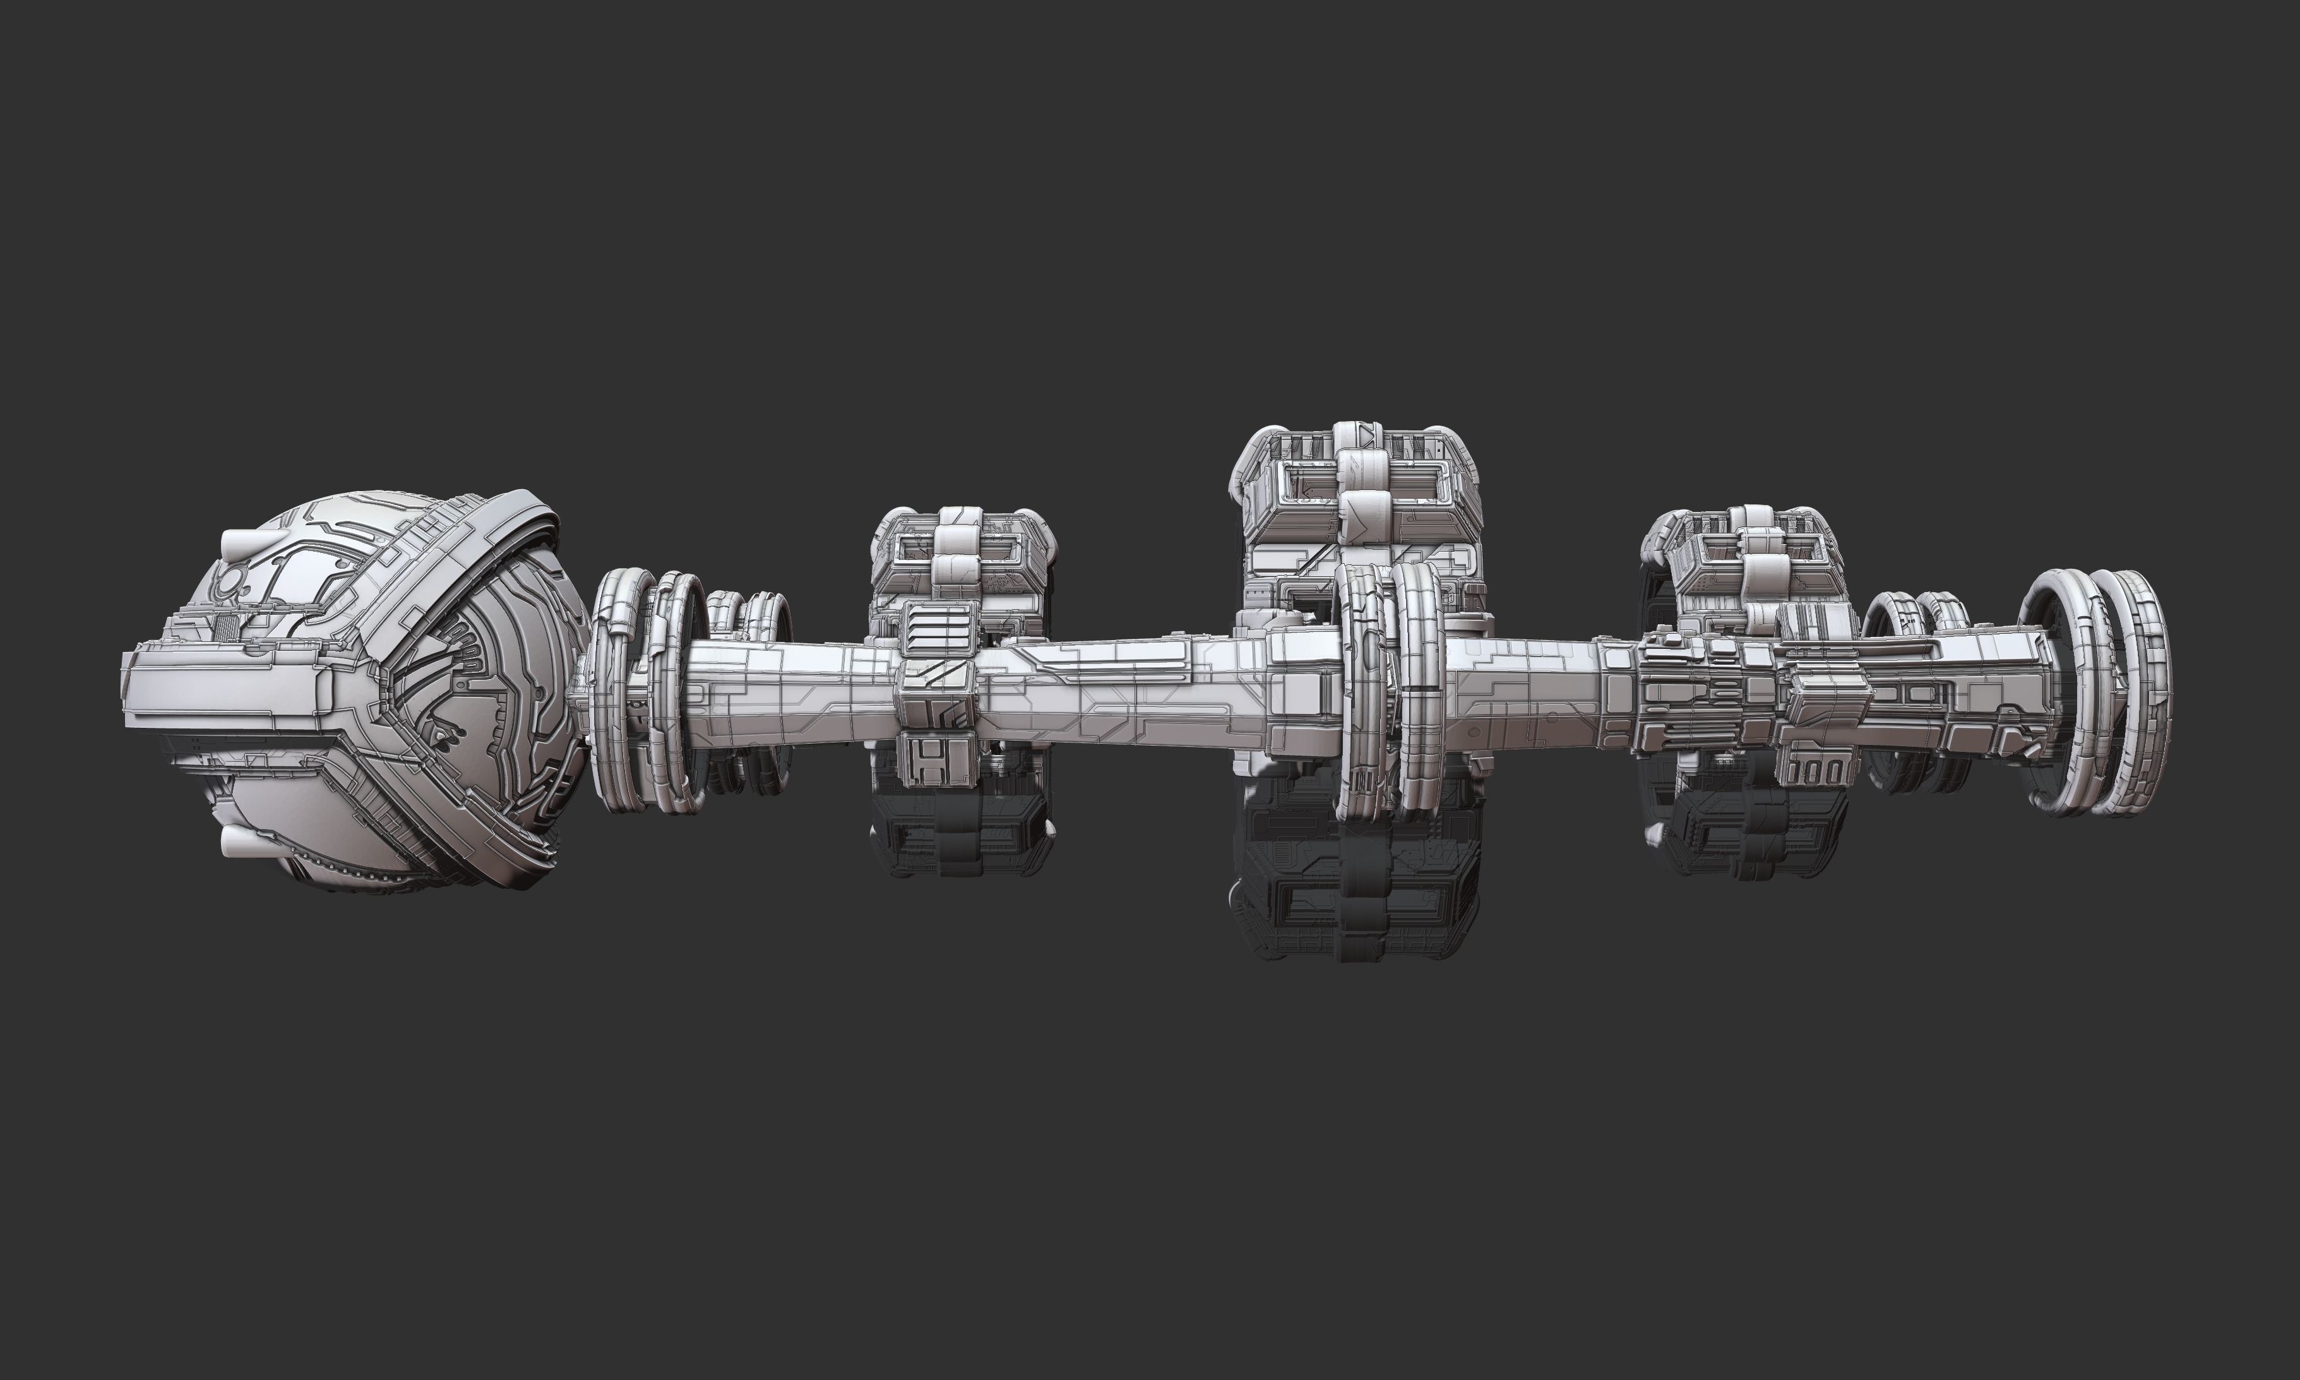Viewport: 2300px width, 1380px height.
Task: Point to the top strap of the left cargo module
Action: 958,539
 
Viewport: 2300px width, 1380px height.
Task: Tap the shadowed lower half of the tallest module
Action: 1358,883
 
